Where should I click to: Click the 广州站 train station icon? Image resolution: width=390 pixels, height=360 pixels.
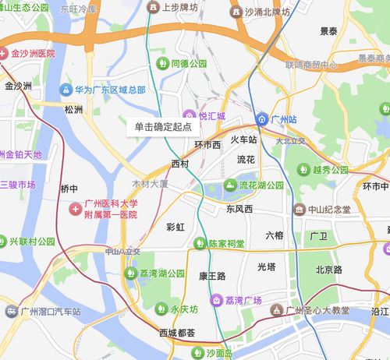click(263, 119)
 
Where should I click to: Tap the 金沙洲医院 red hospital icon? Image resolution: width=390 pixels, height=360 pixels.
click(4, 54)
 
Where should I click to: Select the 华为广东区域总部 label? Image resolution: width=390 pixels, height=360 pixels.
click(110, 90)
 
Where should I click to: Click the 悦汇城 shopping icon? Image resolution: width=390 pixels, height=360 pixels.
click(188, 116)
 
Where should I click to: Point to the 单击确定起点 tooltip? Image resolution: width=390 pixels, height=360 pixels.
click(162, 125)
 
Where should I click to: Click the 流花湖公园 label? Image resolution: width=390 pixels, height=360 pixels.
click(259, 185)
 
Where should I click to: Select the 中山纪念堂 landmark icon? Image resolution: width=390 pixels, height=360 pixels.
click(299, 209)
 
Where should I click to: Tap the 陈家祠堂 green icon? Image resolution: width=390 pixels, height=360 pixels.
click(200, 244)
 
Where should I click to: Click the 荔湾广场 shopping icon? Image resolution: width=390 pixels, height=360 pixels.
click(215, 301)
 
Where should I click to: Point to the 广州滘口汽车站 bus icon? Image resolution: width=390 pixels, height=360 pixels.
click(10, 312)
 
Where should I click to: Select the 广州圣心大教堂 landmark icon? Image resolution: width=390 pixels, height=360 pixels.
click(275, 311)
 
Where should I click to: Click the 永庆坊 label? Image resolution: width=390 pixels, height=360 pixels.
click(186, 309)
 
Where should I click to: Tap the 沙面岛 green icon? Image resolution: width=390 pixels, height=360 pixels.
click(197, 352)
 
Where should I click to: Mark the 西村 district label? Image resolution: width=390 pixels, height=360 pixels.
click(179, 164)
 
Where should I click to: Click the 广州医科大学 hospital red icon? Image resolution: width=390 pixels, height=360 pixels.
click(75, 209)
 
